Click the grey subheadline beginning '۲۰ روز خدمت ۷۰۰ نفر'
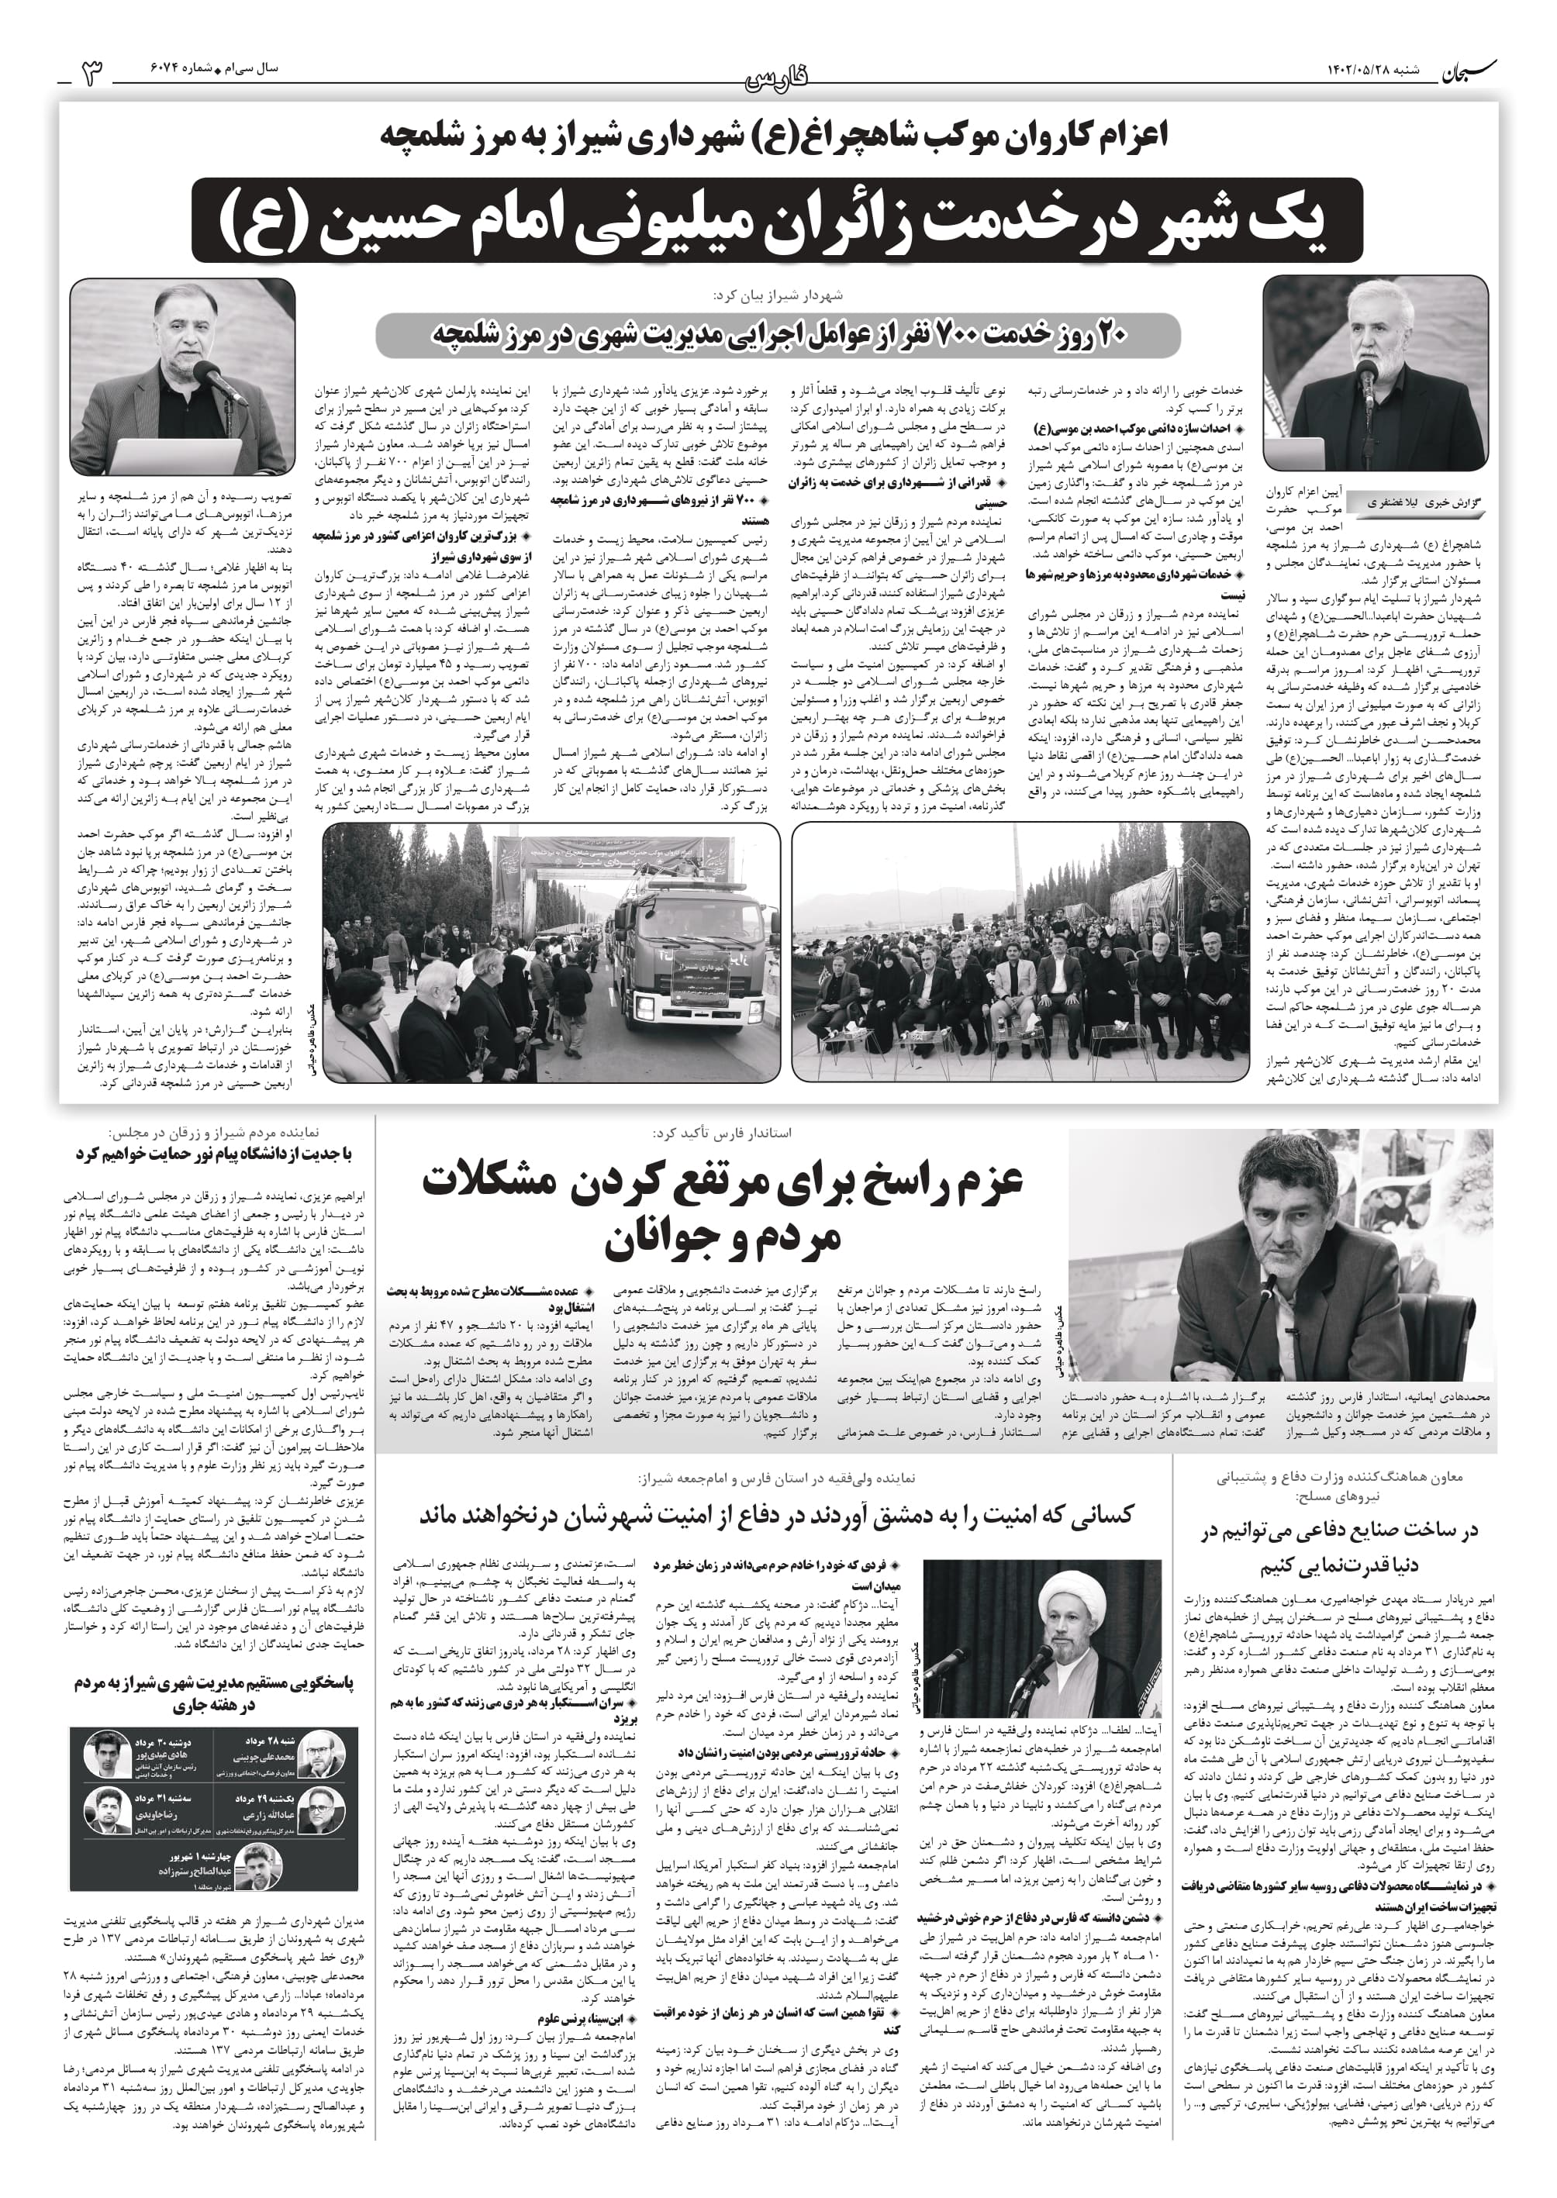[778, 334]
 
